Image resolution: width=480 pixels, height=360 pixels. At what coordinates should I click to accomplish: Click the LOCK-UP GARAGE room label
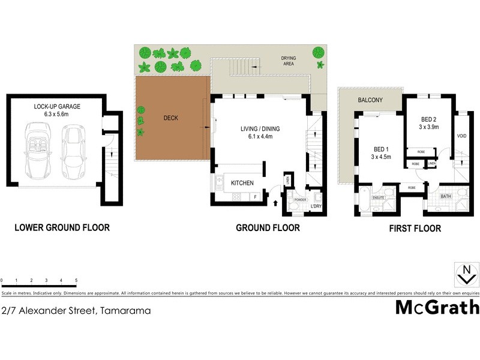point(57,106)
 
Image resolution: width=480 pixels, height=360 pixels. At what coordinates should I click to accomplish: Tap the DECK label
point(170,118)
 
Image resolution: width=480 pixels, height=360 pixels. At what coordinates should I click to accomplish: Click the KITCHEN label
point(241,183)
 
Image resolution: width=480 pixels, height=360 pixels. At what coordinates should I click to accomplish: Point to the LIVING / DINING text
point(260,128)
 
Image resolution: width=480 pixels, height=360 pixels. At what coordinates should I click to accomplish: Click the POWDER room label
point(300,199)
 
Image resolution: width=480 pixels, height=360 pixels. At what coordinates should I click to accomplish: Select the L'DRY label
point(316,207)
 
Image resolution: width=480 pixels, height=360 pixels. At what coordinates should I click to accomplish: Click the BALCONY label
point(370,100)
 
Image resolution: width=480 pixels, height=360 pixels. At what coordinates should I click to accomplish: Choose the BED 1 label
point(379,149)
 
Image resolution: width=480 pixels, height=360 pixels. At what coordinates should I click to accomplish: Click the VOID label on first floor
point(461,137)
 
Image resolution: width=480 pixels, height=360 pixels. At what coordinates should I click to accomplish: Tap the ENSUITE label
point(379,197)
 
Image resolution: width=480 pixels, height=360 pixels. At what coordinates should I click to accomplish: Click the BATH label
point(446,196)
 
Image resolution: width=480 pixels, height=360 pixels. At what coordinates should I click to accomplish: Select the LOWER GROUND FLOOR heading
point(62,228)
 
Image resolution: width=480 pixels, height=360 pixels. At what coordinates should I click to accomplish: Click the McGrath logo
point(437,307)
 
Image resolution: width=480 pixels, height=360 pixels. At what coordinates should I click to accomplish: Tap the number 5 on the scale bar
point(76,280)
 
